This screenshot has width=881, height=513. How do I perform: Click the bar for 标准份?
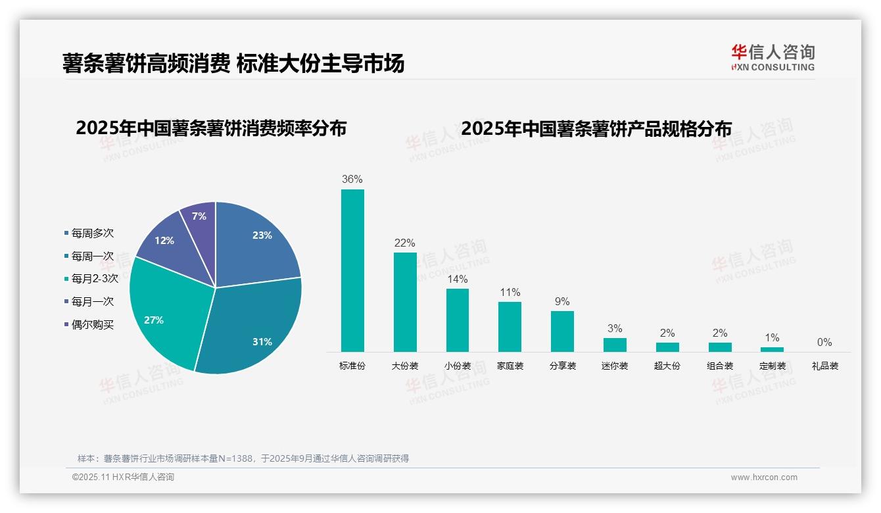pyautogui.click(x=352, y=270)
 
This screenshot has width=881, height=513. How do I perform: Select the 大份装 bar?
pyautogui.click(x=405, y=302)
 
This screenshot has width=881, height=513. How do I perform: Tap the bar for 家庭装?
pyautogui.click(x=510, y=326)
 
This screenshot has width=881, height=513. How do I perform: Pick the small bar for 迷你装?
pyautogui.click(x=615, y=345)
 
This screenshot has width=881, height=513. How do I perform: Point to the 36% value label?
pyautogui.click(x=352, y=179)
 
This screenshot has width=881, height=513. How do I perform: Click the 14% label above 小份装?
pyautogui.click(x=458, y=278)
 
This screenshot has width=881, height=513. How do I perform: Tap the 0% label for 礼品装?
pyautogui.click(x=824, y=342)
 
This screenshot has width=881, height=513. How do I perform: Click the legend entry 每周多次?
pyautogui.click(x=92, y=233)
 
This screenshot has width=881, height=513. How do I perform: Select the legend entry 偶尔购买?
pyautogui.click(x=92, y=325)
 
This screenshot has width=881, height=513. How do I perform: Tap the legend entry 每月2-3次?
pyautogui.click(x=95, y=279)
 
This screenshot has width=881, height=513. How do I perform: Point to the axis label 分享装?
pyautogui.click(x=562, y=366)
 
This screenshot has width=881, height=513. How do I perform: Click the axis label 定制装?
pyautogui.click(x=773, y=366)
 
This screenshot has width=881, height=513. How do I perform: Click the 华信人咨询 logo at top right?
pyautogui.click(x=773, y=58)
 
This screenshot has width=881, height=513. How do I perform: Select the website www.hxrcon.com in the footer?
pyautogui.click(x=764, y=477)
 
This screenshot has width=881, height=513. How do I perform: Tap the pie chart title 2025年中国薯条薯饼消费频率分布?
pyautogui.click(x=211, y=128)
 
